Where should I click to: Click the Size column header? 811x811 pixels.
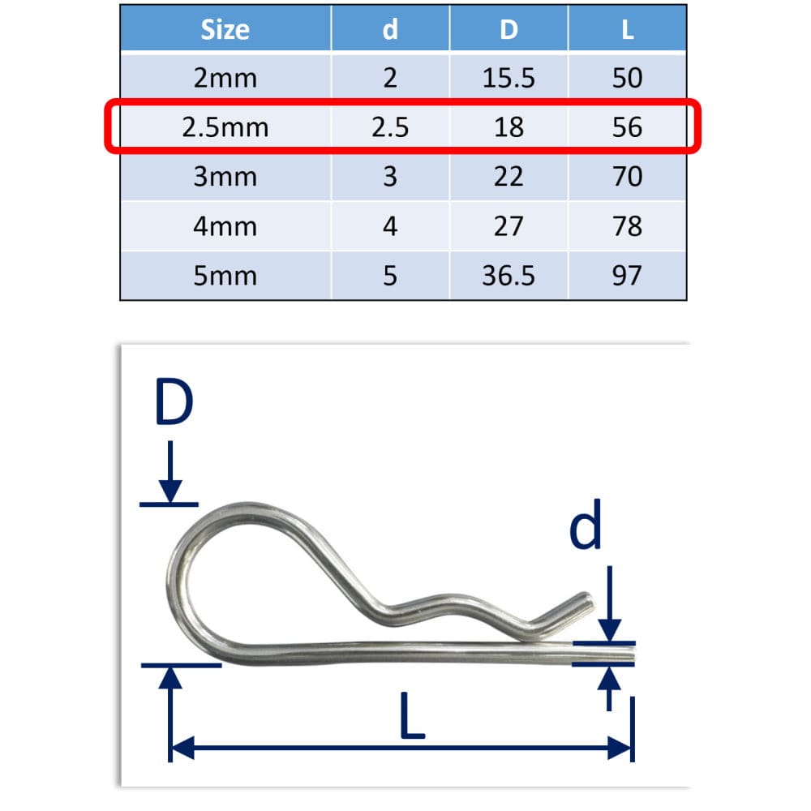click(225, 30)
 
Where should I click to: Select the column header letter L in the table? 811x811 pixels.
click(627, 30)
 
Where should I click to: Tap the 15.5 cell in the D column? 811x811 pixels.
click(508, 78)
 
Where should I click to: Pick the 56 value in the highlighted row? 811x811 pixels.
click(627, 127)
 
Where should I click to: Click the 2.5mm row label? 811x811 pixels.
click(225, 127)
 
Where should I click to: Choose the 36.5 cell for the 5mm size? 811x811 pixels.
click(508, 276)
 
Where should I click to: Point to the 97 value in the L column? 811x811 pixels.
click(627, 276)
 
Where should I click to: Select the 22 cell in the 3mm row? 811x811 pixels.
click(508, 177)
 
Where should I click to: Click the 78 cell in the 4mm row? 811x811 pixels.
click(627, 226)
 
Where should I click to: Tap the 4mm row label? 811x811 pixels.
click(225, 226)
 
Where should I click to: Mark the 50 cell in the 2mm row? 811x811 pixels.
click(627, 78)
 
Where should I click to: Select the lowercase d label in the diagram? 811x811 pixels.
click(585, 527)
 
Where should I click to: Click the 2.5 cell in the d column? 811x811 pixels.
click(390, 127)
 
